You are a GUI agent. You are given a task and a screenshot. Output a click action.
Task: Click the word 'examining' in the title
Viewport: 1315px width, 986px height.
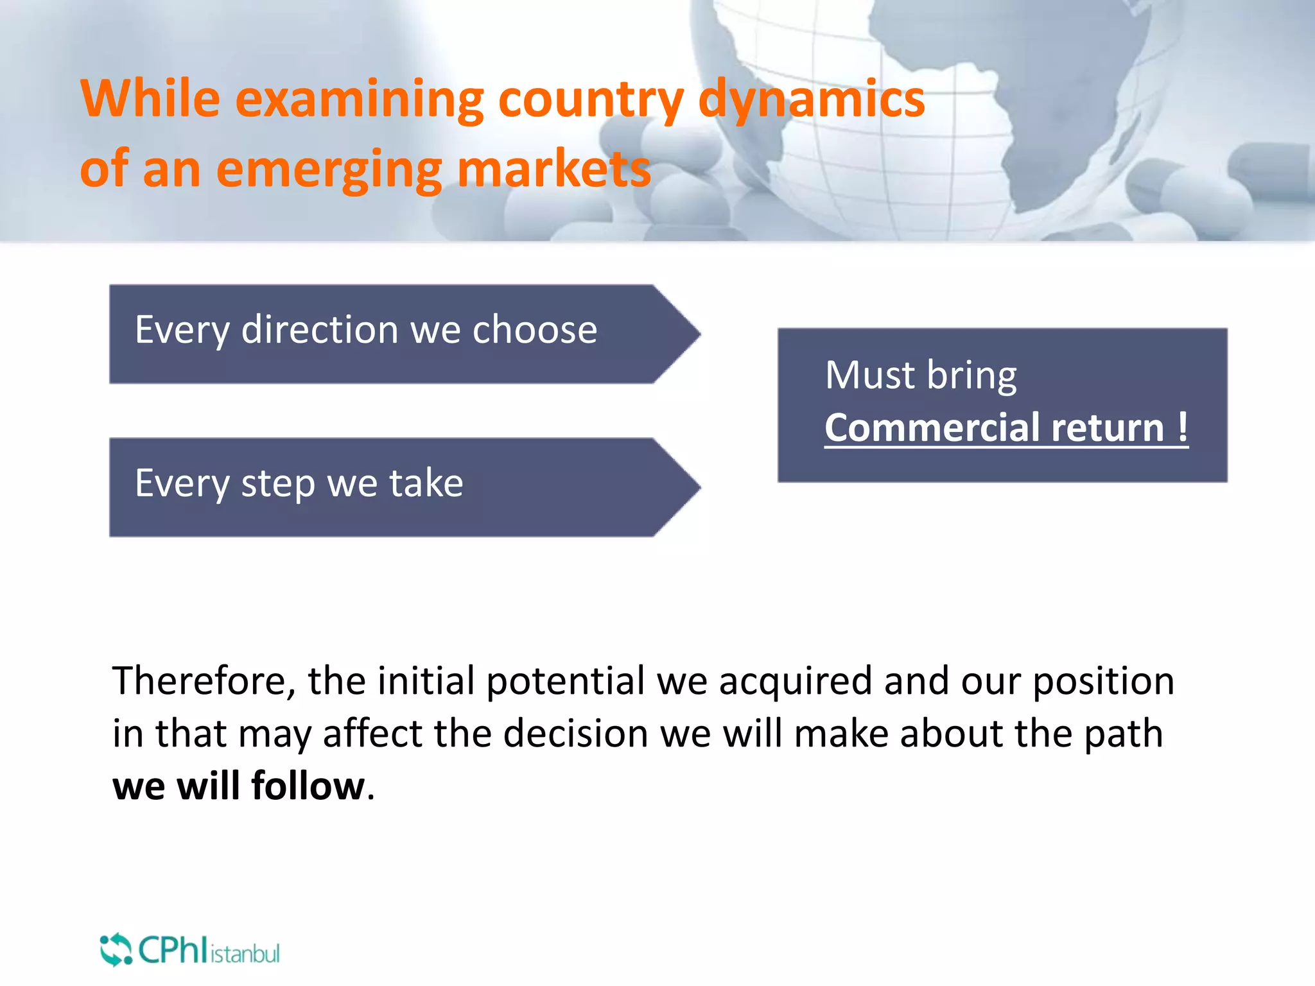(x=360, y=99)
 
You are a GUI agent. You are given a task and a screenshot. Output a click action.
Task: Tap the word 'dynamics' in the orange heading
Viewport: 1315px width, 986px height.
(x=811, y=99)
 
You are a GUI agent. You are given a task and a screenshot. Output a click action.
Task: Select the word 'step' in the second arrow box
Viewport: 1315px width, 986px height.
(x=277, y=483)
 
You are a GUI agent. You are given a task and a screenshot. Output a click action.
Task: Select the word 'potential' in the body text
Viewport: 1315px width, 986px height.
(x=565, y=680)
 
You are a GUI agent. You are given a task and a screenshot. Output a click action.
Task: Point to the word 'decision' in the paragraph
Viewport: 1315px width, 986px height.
(x=575, y=733)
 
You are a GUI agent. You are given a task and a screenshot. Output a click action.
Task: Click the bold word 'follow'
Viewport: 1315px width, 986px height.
(x=308, y=786)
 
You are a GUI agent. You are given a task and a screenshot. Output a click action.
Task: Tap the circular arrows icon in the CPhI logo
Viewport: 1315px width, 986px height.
(x=116, y=949)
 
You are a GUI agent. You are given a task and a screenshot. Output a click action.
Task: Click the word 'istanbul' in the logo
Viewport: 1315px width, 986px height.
(x=245, y=954)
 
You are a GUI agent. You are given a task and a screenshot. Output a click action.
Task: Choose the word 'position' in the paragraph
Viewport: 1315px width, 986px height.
(x=1103, y=682)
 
